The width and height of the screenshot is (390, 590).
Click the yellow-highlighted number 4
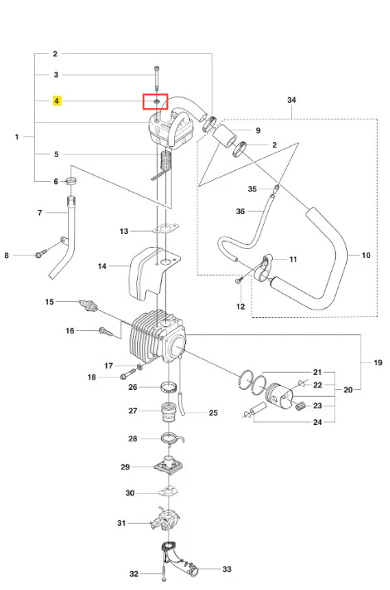tap(56, 101)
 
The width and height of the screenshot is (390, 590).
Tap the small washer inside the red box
tap(157, 101)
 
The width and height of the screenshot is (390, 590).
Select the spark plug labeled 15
tap(88, 305)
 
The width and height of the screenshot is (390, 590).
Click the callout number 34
tap(291, 100)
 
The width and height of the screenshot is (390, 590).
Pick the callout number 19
tap(378, 363)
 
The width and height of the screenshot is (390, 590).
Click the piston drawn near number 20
tap(279, 396)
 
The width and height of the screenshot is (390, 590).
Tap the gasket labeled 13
tap(166, 228)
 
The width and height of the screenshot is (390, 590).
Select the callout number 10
tap(366, 256)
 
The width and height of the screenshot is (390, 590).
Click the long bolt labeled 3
tap(157, 80)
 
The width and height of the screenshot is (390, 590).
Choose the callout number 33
tap(227, 569)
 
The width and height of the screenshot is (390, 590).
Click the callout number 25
tap(213, 412)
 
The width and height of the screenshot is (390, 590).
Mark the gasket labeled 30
tap(168, 491)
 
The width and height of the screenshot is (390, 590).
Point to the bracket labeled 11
tap(265, 267)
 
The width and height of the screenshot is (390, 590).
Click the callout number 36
tap(241, 212)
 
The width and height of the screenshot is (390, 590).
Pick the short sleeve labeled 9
tap(225, 137)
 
